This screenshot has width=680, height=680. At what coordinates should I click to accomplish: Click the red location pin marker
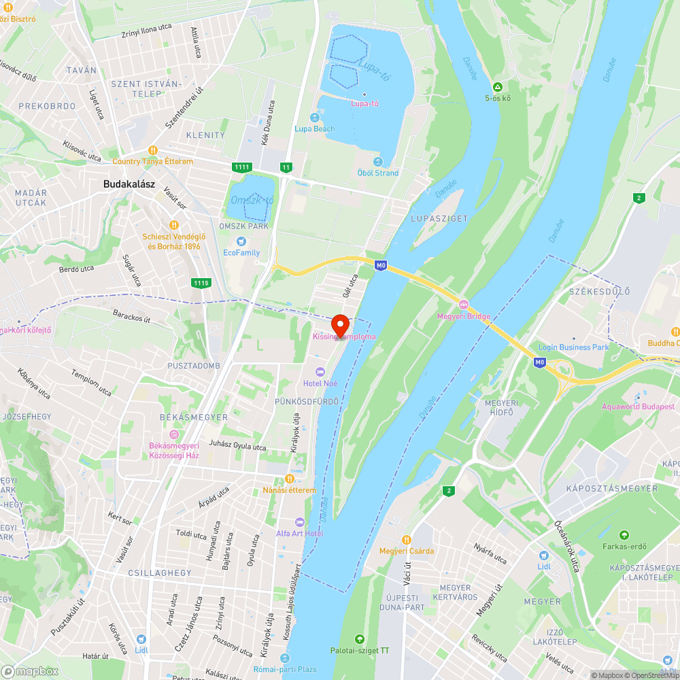[339, 324]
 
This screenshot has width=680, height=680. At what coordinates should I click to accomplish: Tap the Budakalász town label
[127, 184]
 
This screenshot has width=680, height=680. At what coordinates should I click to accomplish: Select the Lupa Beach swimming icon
[314, 118]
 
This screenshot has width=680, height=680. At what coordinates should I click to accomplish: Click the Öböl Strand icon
[378, 162]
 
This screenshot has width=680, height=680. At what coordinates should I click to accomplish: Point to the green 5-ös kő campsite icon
[498, 87]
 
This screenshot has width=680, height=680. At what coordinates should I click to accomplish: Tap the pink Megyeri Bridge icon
[464, 304]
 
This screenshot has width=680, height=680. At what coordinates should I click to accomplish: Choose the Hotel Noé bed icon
[321, 371]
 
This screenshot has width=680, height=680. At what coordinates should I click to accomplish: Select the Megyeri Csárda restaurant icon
[406, 539]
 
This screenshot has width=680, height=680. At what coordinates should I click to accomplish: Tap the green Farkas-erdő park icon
[624, 534]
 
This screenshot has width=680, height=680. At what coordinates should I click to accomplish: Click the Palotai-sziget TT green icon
[360, 639]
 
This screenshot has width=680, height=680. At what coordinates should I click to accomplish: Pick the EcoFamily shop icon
[241, 241]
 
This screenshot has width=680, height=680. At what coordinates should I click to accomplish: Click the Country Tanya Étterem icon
[153, 150]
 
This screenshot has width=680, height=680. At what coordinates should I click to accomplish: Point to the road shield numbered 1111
[241, 167]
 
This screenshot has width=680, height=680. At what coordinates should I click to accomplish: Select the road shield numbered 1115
[201, 282]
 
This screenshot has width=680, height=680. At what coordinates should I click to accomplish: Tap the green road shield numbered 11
[286, 167]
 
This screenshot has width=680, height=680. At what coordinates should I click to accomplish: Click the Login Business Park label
[573, 347]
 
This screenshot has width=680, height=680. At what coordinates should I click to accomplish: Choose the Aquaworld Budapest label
[638, 407]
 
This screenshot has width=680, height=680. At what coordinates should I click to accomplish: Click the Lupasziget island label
[439, 218]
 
